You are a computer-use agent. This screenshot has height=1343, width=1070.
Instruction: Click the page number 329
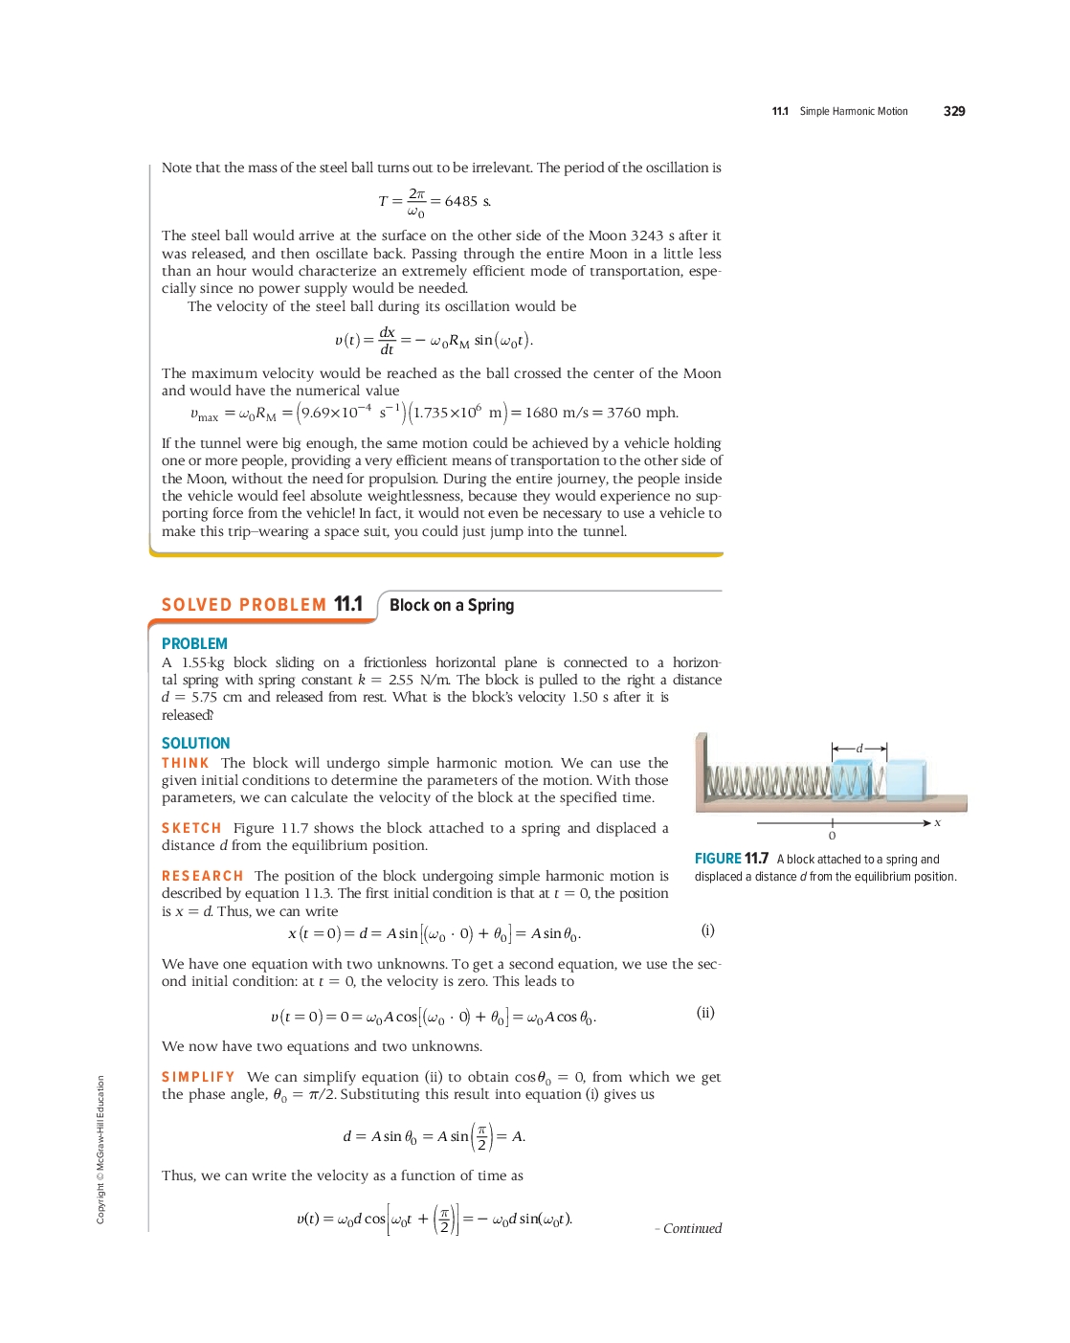point(953,111)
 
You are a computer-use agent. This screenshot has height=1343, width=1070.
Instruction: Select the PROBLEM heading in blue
point(194,644)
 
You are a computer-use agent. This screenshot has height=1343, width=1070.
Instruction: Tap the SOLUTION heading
point(195,744)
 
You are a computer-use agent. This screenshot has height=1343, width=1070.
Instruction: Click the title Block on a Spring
point(452,605)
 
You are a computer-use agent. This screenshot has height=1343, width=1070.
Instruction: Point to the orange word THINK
point(186,763)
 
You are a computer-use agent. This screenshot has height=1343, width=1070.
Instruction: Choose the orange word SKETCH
point(191,828)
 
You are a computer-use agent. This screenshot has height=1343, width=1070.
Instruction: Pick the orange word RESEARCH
point(203,876)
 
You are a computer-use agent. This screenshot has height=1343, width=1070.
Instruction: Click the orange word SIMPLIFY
point(198,1077)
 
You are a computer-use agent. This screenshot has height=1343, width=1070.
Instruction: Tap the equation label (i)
point(707,930)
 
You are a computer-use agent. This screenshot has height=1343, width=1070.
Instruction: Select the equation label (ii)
point(705,1013)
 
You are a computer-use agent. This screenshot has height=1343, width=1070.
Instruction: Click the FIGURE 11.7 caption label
point(731,859)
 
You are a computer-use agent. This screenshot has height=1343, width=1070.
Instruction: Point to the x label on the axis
point(938,822)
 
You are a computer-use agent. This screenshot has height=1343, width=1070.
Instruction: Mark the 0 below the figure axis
point(832,836)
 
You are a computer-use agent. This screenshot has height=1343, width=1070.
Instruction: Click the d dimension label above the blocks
point(859,748)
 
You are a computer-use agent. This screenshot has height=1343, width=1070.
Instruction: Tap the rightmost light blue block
point(906,779)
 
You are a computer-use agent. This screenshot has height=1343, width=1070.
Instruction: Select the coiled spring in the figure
point(770,782)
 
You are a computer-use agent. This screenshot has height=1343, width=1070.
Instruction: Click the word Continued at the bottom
point(692,1228)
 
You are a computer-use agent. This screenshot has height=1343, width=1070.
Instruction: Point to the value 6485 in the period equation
point(461,201)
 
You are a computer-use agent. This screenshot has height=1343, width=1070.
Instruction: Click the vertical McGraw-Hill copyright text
point(100,1149)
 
